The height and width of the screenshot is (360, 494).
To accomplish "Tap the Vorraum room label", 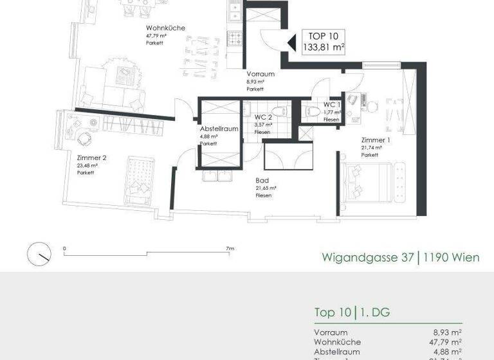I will [261, 74].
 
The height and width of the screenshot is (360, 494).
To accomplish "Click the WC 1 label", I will [331, 104].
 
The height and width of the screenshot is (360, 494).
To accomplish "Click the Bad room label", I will [262, 181].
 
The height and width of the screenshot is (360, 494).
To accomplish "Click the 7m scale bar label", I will [230, 248].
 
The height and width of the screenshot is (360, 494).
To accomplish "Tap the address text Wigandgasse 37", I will [368, 258].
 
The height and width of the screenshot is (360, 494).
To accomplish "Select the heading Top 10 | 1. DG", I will [352, 313].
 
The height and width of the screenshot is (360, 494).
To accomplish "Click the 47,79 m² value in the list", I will [447, 342].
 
